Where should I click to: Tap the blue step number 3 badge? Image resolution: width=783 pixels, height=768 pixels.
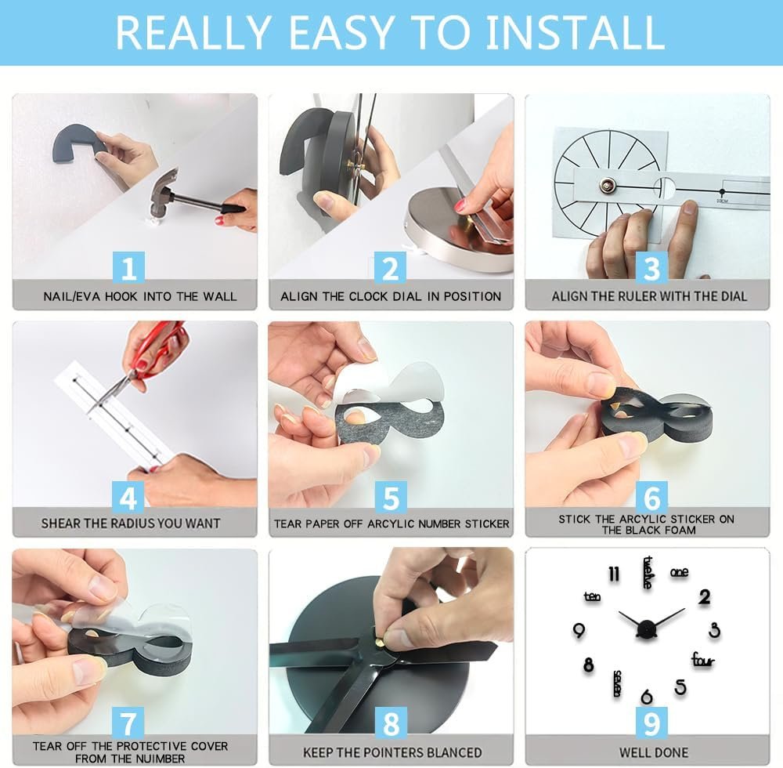[x=651, y=268]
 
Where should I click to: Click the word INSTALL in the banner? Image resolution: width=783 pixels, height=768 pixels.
[x=575, y=32]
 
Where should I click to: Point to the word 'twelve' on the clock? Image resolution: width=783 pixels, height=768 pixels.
[x=648, y=572]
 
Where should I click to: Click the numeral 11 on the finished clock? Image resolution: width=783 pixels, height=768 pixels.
[x=614, y=574]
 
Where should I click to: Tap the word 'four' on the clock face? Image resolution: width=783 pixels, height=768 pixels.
[x=703, y=660]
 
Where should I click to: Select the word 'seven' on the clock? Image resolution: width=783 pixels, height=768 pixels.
[x=617, y=683]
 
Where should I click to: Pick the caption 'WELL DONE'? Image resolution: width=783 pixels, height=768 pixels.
[x=654, y=752]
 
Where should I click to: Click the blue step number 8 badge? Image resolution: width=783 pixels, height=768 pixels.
[x=391, y=723]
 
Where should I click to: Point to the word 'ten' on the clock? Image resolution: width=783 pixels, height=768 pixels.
[x=592, y=596]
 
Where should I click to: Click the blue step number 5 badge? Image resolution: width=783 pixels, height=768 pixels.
[x=391, y=497]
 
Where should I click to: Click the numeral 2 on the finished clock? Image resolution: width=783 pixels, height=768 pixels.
[x=705, y=596]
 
